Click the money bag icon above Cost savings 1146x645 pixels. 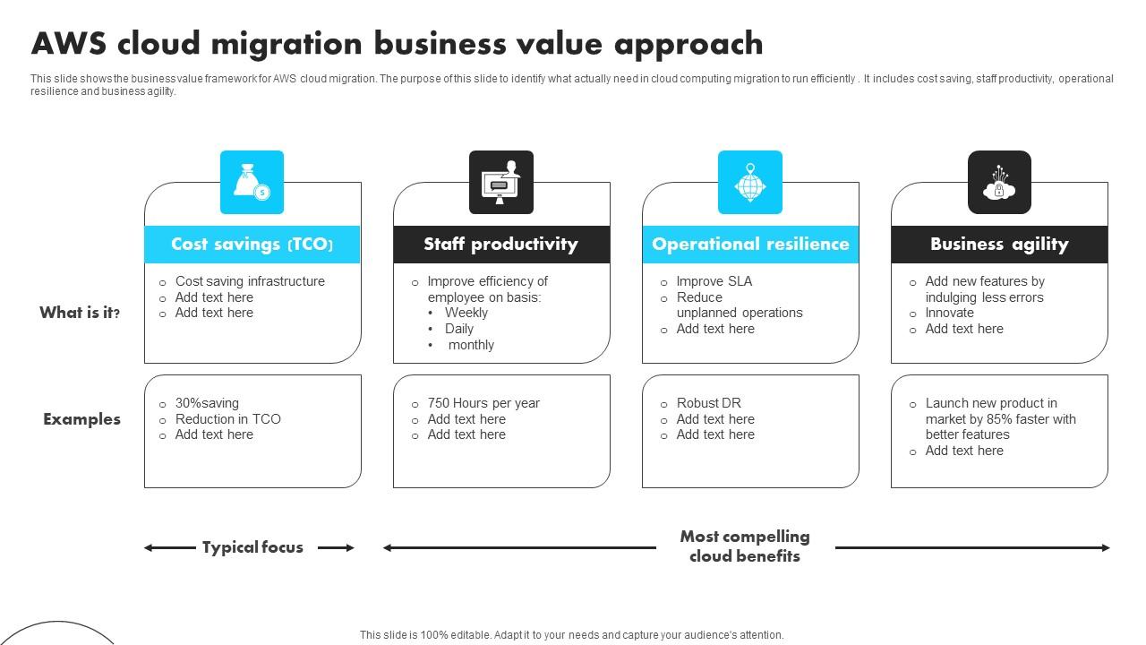[x=252, y=183]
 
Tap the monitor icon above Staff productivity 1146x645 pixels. [x=501, y=183]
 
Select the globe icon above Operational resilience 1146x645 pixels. [x=750, y=183]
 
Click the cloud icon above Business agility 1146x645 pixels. [x=999, y=183]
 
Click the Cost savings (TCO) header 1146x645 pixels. [x=252, y=245]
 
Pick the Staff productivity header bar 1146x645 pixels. [x=501, y=245]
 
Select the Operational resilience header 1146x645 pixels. [x=750, y=245]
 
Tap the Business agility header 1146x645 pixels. [x=999, y=245]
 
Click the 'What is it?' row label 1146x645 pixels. [x=80, y=313]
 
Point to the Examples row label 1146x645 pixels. [x=81, y=419]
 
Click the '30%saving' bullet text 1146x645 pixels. [x=207, y=403]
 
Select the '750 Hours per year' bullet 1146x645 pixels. [x=483, y=403]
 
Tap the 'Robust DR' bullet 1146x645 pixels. [x=709, y=403]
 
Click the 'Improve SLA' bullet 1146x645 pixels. [x=714, y=281]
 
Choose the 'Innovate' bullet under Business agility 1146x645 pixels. [x=950, y=313]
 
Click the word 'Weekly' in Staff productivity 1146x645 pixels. [x=466, y=313]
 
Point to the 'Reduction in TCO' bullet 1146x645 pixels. [x=228, y=419]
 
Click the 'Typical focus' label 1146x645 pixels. [x=252, y=547]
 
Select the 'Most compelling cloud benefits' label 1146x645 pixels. [x=745, y=546]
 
